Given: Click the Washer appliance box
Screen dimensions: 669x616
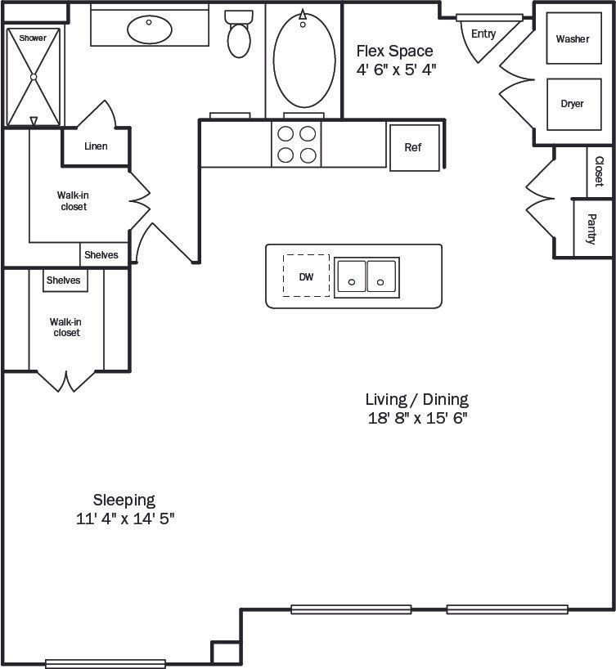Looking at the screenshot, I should coord(572,39).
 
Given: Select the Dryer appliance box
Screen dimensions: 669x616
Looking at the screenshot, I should coord(572,104).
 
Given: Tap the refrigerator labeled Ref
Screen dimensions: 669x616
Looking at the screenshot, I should coord(413,148).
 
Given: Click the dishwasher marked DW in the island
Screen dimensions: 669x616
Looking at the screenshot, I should coord(306,276).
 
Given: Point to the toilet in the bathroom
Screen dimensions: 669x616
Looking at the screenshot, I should coord(239,34).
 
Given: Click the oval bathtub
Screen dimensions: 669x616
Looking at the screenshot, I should coord(304,59).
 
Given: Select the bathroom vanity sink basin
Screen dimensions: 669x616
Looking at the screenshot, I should coord(150,30).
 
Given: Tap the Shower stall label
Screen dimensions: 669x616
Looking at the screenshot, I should coord(33,38).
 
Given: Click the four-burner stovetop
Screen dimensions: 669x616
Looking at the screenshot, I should coord(296,144).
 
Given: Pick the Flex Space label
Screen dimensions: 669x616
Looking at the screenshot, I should coord(394,51).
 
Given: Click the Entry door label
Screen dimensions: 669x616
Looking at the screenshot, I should coord(483,34).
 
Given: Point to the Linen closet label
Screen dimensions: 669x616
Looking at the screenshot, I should coord(96,146).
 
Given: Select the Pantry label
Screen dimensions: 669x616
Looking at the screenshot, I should coord(591,230).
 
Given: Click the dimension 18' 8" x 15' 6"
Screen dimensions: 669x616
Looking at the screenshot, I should coord(416,418).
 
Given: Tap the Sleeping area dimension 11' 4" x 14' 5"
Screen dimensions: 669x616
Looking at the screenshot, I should coord(124,519).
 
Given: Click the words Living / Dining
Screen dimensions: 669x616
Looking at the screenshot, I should coord(416,399).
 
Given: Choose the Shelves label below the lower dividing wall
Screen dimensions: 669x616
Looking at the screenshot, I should coord(64,281).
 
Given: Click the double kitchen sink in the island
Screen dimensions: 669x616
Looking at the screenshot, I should coord(366,276).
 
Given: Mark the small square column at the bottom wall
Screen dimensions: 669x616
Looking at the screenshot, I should coord(225,653).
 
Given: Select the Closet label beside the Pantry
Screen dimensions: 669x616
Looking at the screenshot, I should coord(599,172).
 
